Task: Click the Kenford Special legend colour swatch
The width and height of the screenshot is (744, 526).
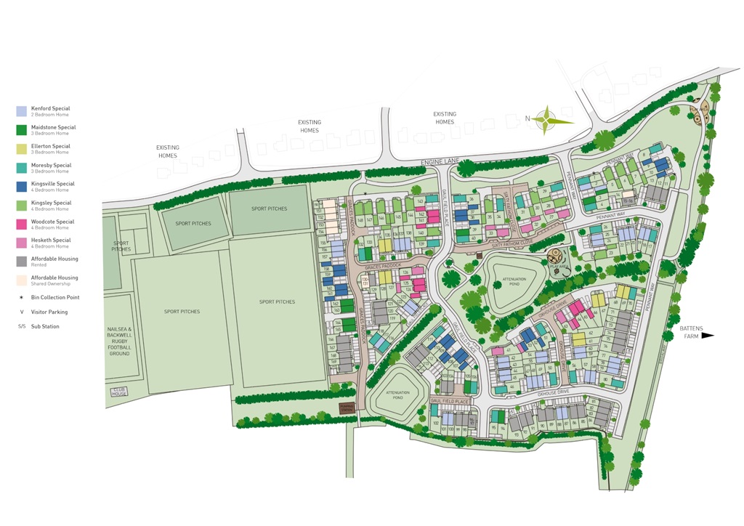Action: click(21, 111)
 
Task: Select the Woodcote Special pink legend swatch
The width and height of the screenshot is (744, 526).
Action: click(21, 224)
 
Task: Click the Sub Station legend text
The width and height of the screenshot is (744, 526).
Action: click(45, 326)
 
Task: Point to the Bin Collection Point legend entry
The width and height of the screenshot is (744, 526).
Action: click(54, 297)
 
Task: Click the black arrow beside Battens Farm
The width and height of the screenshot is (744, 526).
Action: click(708, 336)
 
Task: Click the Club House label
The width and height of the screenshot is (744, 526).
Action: click(118, 391)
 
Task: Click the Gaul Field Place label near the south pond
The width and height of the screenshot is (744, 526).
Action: click(450, 400)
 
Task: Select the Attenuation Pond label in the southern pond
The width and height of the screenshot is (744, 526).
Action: click(397, 394)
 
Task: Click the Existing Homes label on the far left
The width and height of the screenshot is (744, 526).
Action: click(167, 151)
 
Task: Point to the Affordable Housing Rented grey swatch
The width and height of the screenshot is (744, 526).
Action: click(21, 262)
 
